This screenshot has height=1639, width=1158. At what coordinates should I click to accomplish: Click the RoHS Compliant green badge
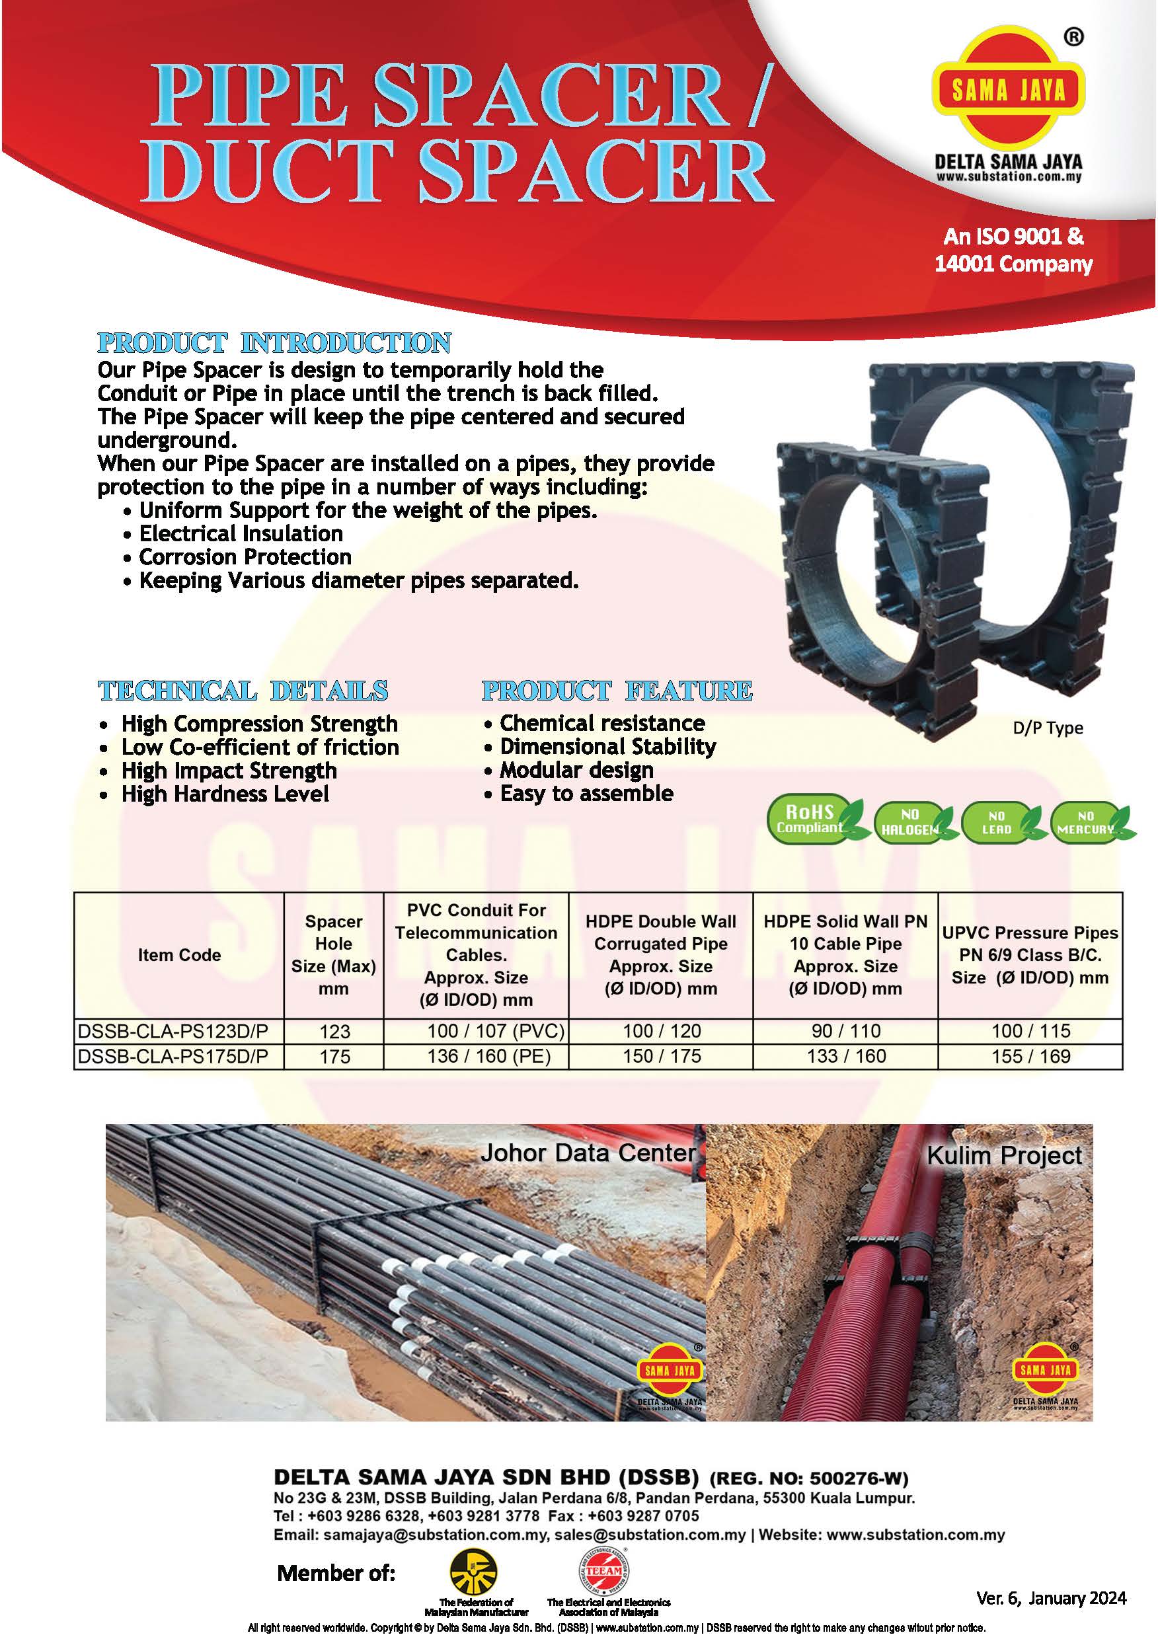click(810, 819)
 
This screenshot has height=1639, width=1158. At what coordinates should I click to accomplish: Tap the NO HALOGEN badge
click(909, 821)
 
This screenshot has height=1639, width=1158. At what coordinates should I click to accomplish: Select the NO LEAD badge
click(997, 822)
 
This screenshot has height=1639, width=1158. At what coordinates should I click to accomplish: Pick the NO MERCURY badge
click(1085, 822)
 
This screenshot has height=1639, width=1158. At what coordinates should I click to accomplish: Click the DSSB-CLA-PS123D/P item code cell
click(178, 1031)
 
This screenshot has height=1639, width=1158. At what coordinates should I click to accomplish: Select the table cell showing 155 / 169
click(1030, 1056)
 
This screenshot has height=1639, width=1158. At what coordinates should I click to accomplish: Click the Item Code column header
click(179, 955)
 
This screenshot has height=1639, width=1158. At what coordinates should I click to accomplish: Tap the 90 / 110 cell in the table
click(846, 1031)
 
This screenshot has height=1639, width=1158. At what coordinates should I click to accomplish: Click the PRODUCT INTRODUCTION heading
click(274, 344)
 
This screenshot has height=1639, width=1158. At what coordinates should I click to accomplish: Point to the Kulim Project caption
click(1004, 1155)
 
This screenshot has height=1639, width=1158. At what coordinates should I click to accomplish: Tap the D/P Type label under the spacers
click(1048, 728)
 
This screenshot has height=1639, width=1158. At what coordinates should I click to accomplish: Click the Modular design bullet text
click(576, 770)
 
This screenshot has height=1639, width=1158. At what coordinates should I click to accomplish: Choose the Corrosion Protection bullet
click(245, 557)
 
